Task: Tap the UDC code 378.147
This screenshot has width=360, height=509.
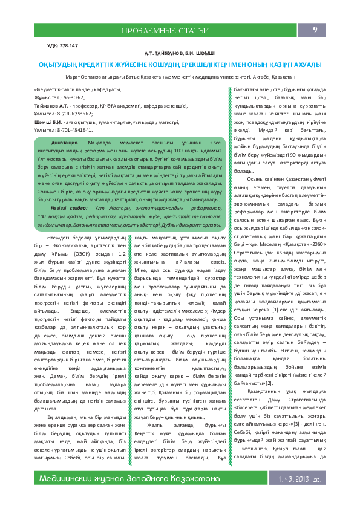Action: (x=69, y=45)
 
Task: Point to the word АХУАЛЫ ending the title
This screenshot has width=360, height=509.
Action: (x=304, y=64)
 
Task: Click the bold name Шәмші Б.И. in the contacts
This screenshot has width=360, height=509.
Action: (x=48, y=122)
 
